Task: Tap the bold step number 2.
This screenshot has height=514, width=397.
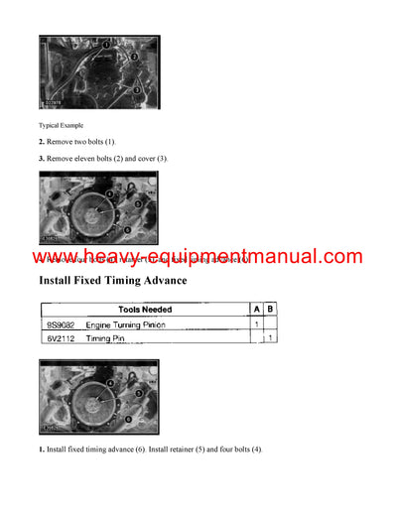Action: point(42,143)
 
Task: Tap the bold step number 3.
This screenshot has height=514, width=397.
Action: point(42,159)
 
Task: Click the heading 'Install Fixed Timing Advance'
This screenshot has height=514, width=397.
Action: point(127,281)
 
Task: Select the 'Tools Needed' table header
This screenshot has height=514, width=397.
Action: point(145,309)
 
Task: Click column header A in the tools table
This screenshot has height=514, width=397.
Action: point(256,309)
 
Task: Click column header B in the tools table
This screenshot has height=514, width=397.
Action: point(271,309)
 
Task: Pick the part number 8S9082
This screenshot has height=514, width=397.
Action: point(61,324)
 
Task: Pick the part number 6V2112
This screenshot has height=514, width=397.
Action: point(61,338)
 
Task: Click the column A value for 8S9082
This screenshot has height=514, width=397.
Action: point(256,324)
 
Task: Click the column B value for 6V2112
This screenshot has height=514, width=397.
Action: point(271,338)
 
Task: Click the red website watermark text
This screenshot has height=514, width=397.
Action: point(198,257)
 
